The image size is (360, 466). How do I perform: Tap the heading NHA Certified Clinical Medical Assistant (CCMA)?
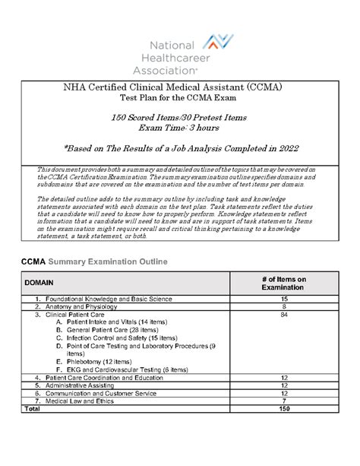click(181, 88)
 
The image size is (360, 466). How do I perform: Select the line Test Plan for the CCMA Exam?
click(181, 100)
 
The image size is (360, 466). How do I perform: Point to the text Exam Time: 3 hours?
click(180, 131)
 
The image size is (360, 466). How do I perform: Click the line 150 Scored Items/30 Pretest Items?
click(180, 119)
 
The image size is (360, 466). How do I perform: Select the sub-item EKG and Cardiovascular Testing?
click(132, 369)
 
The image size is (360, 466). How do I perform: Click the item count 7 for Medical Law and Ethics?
click(283, 401)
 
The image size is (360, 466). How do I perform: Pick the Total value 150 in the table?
click(283, 409)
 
